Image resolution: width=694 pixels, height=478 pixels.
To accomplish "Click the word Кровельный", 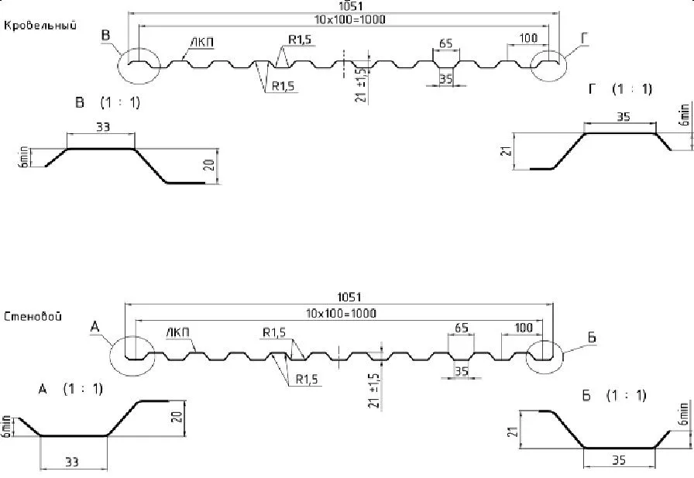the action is coord(40,26).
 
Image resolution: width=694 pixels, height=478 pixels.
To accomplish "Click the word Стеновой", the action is coord(33,316).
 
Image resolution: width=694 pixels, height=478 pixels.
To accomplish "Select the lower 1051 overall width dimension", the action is coord(349,297).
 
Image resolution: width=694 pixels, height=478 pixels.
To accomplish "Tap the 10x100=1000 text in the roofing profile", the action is coord(349,19).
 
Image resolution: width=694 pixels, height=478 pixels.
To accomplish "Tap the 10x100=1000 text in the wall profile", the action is coord(341,313).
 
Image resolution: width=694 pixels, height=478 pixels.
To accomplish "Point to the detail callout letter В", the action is coord(105,35).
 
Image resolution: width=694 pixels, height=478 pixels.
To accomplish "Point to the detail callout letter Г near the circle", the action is coord(584,39).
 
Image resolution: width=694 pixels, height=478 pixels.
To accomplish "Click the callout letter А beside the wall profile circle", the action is coord(94,327).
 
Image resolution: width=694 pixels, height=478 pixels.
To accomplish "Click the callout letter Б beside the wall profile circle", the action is coord(592,338).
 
